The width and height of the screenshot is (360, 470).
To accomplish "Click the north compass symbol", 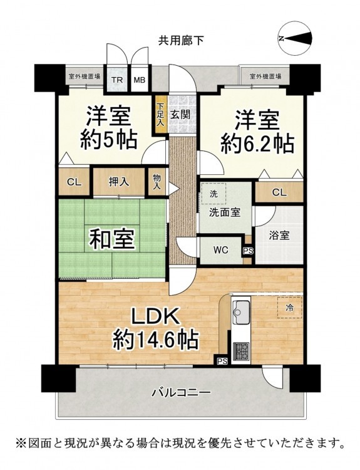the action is [x=295, y=38].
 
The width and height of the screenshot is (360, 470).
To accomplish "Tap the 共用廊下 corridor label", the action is [x=181, y=40].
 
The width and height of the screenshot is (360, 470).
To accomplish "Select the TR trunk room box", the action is [x=118, y=80].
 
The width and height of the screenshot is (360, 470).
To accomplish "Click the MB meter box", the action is [x=139, y=80].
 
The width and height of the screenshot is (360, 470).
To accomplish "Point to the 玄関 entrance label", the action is [x=181, y=114].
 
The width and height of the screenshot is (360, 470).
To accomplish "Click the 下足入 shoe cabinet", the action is [x=160, y=115].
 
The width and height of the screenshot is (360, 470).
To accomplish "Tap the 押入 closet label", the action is [x=119, y=181].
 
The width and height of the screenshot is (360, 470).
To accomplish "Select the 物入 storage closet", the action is [x=157, y=182].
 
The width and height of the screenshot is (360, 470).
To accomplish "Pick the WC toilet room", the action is [x=221, y=250].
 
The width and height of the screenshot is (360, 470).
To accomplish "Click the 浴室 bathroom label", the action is [x=279, y=236].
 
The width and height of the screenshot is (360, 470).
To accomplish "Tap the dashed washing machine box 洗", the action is [x=213, y=194].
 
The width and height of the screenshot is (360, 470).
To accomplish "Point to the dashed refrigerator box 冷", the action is [x=289, y=308].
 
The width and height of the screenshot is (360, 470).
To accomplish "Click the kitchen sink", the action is [x=240, y=313].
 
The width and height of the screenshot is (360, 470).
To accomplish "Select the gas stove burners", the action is [x=241, y=352].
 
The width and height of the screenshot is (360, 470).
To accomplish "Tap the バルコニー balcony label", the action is [x=181, y=392].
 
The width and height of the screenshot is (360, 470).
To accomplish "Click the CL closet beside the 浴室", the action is [x=279, y=192].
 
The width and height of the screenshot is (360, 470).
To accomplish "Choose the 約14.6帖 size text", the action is [x=155, y=340].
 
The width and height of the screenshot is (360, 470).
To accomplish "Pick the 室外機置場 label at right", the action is [x=265, y=76].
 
